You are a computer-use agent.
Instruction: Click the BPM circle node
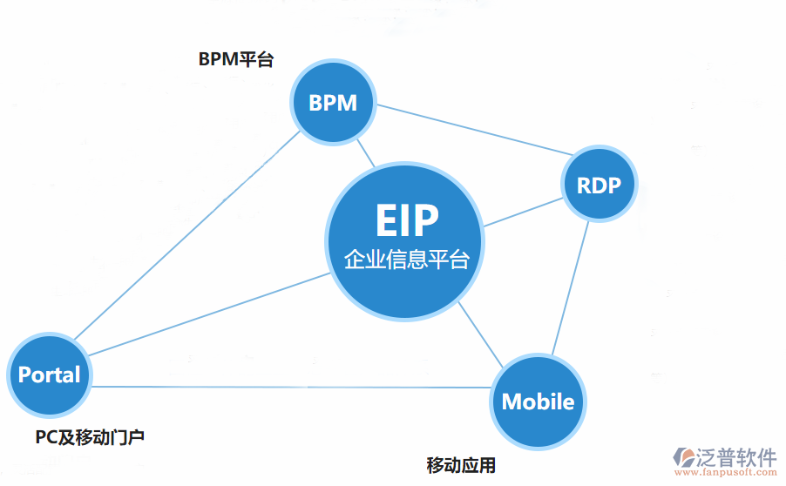pos(333,103)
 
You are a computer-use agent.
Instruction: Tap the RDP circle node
pos(599,185)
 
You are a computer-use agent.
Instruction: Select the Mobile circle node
pos(538,402)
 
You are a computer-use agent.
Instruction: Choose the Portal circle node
pos(50,375)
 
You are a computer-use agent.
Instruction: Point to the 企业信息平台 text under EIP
pos(406,260)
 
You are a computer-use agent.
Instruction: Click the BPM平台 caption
pos(236,59)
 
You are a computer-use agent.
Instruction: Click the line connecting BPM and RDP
pos(471,132)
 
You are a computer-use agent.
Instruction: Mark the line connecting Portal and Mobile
pos(288,387)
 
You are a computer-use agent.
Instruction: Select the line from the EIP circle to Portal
pos(209,314)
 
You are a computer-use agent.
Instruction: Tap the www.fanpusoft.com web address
pos(726,474)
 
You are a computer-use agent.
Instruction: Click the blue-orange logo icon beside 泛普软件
pos(684,460)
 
